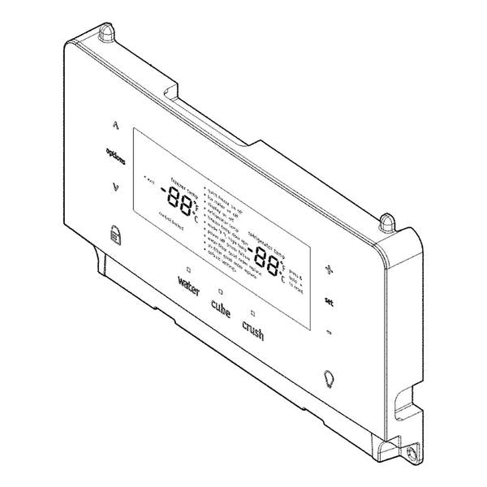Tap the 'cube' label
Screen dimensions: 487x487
tap(220, 308)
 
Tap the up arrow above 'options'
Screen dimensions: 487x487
tap(116, 126)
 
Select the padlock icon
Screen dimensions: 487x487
tap(113, 235)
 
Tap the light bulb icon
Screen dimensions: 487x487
tap(328, 378)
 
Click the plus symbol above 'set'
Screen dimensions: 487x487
tap(329, 269)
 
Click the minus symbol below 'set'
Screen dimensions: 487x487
tap(329, 332)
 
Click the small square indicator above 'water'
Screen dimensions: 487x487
tap(187, 268)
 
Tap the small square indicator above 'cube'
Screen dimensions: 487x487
tap(219, 291)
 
